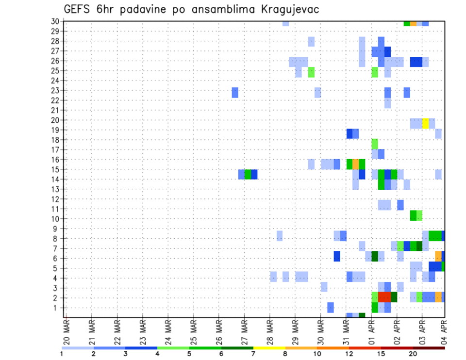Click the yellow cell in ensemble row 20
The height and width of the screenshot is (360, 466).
point(425,123)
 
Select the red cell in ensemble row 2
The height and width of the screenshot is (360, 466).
point(384,297)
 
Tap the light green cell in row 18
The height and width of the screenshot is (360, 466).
point(375,144)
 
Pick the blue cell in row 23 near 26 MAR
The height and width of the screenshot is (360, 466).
point(235,92)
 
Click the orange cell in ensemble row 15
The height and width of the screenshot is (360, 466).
point(356,164)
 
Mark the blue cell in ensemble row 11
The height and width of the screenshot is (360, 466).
point(400,205)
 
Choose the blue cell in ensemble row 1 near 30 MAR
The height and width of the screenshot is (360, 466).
point(331,307)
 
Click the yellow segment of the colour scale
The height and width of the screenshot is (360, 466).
point(269,348)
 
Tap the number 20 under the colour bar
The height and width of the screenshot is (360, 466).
point(413,354)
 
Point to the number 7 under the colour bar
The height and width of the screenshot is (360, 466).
point(253,354)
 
